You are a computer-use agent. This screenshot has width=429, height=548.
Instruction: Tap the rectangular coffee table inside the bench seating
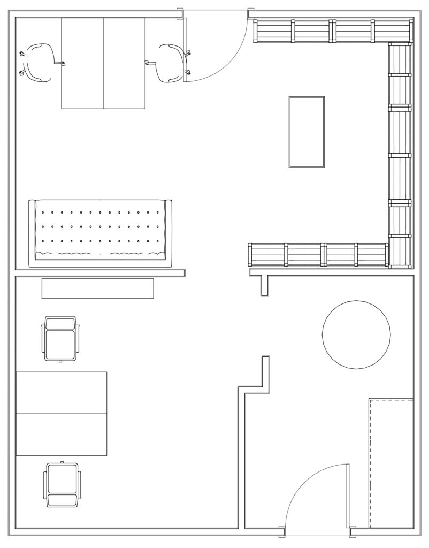[x=307, y=132]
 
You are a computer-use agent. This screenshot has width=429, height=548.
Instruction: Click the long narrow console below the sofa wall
[x=98, y=288]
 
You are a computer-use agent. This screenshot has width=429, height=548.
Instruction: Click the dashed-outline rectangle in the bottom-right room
[x=391, y=462]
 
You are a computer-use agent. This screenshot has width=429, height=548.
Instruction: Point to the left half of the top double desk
[x=82, y=63]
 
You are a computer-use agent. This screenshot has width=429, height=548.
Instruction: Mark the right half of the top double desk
[x=124, y=63]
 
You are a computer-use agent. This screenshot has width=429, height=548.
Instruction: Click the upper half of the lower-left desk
[x=61, y=392]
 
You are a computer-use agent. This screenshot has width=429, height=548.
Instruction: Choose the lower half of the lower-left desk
[x=61, y=435]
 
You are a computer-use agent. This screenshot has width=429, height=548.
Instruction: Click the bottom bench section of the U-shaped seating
[x=318, y=255]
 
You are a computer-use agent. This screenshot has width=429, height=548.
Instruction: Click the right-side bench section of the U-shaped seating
[x=401, y=155]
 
